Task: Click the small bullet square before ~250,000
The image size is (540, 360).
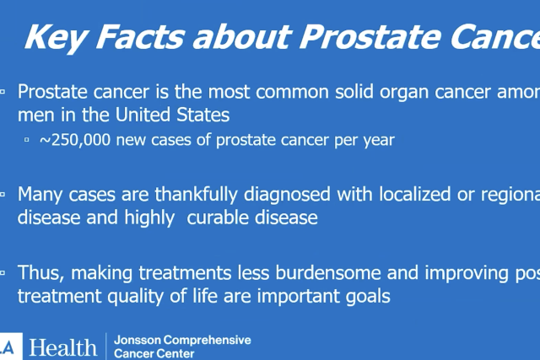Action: point(27,141)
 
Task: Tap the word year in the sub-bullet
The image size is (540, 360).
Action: point(379,140)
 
